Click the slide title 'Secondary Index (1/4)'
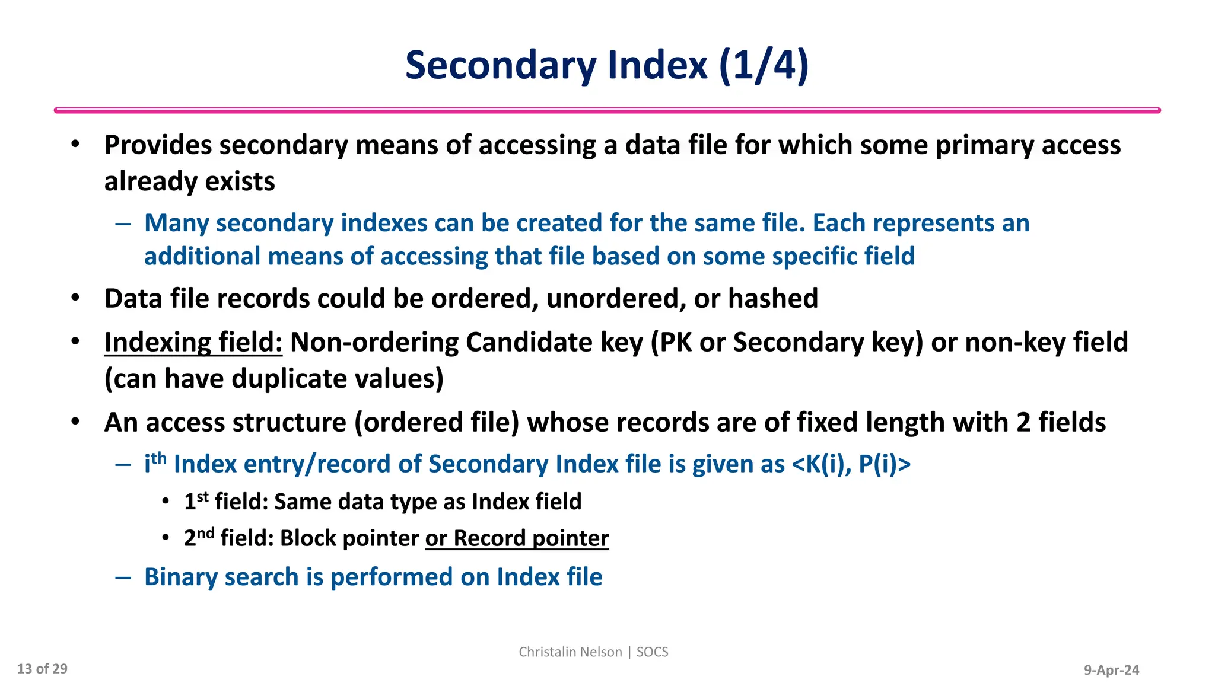click(607, 65)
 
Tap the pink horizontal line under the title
click(607, 110)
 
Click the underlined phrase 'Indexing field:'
click(193, 343)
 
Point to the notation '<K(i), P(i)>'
click(851, 464)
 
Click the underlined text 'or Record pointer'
click(517, 538)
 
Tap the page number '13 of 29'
click(42, 669)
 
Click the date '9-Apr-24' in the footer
click(1111, 670)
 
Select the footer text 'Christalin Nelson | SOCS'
click(593, 652)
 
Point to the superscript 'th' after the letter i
click(158, 458)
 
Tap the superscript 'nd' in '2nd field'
click(205, 532)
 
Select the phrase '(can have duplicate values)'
click(274, 379)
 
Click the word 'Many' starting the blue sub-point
click(176, 224)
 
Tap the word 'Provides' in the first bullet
click(158, 145)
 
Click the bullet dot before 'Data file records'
click(75, 298)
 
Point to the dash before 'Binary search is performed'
click(123, 577)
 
